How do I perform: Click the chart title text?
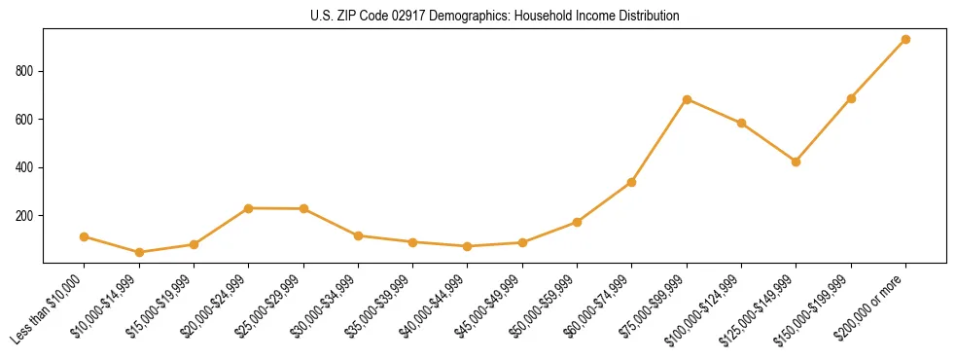pyautogui.click(x=495, y=16)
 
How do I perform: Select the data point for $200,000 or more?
pyautogui.click(x=905, y=40)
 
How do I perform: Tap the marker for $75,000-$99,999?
pyautogui.click(x=687, y=99)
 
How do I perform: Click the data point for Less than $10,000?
pyautogui.click(x=85, y=236)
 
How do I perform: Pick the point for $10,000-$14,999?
pyautogui.click(x=139, y=252)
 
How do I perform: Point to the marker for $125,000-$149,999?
pyautogui.click(x=797, y=162)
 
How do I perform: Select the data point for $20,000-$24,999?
pyautogui.click(x=249, y=208)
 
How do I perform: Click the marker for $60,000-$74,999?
pyautogui.click(x=632, y=182)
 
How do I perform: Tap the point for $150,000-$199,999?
pyautogui.click(x=851, y=98)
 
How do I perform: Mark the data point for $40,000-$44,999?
pyautogui.click(x=468, y=246)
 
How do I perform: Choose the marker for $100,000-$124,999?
pyautogui.click(x=741, y=123)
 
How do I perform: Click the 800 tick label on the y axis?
pyautogui.click(x=25, y=71)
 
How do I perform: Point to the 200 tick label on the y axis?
pyautogui.click(x=25, y=215)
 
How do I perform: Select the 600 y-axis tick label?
pyautogui.click(x=25, y=119)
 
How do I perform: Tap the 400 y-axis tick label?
pyautogui.click(x=25, y=167)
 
